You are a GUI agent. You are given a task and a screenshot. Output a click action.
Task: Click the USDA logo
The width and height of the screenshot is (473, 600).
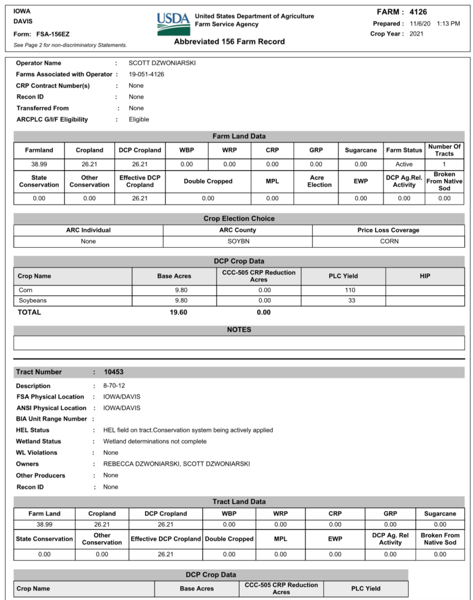coord(173,23)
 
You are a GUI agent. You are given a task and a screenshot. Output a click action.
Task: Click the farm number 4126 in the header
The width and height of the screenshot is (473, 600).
coord(417,12)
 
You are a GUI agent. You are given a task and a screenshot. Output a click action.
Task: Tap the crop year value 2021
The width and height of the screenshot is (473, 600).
coord(416,34)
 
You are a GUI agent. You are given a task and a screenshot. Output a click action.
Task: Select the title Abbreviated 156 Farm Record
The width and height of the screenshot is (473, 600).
coord(229,42)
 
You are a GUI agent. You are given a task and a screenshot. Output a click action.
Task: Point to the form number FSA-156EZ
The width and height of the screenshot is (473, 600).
coord(53,34)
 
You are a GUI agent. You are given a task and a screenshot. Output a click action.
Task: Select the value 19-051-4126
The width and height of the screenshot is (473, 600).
coord(146,74)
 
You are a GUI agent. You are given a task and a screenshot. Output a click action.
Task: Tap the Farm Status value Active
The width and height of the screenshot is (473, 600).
coord(404,164)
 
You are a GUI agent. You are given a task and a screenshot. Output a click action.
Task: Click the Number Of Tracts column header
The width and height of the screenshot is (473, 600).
coord(444,150)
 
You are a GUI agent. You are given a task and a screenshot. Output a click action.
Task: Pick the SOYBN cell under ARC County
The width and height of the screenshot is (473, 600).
coord(237,242)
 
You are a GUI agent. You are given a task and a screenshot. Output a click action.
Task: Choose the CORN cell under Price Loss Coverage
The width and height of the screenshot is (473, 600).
coord(389,242)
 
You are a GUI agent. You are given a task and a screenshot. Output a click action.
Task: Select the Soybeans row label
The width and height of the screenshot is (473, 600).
coord(33,301)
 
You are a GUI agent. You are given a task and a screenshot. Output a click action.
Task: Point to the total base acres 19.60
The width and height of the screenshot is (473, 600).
coord(178,312)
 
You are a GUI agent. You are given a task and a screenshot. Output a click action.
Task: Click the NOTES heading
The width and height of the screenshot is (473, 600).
coord(239,329)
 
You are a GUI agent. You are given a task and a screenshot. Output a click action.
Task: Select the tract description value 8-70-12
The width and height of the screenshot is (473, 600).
coord(114,386)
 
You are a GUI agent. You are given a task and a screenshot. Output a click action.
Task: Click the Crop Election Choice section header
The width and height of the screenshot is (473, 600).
coord(239,218)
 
